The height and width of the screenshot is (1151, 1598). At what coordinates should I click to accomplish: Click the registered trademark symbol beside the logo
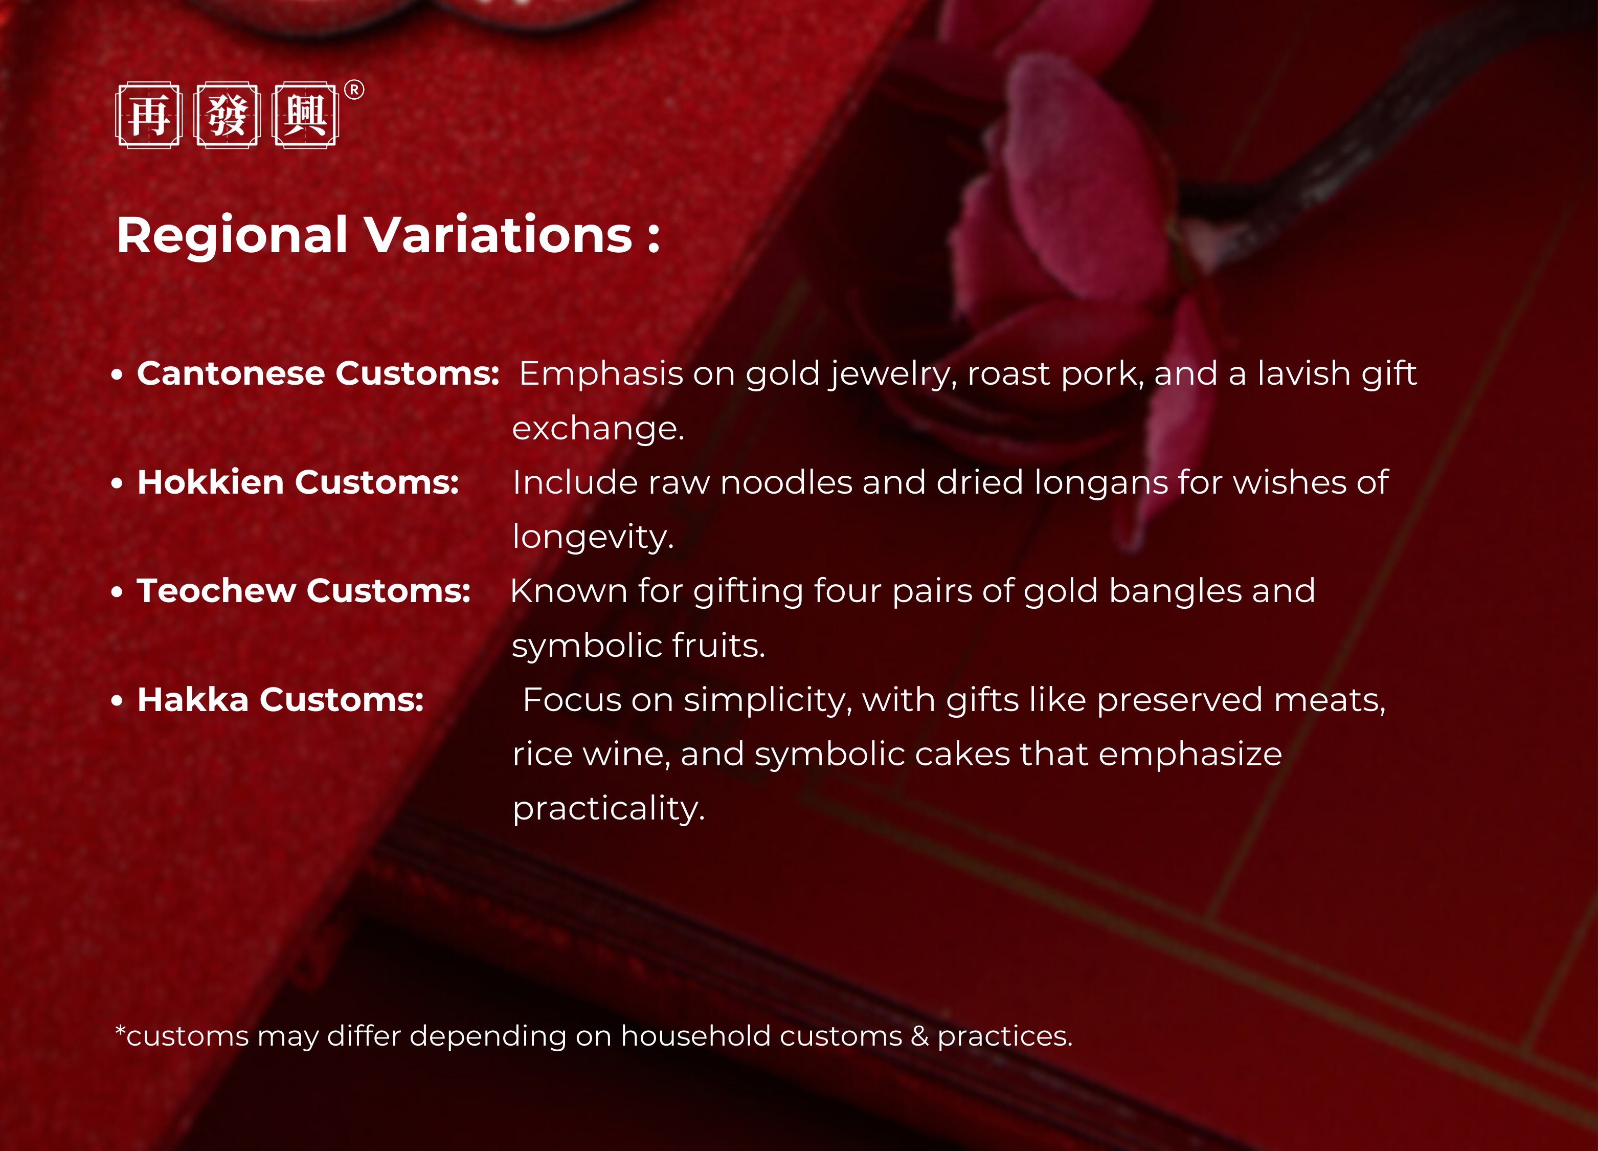pos(354,90)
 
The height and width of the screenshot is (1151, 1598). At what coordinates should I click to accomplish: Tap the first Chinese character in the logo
pos(149,115)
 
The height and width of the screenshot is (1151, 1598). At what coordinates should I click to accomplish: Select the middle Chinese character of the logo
pos(227,115)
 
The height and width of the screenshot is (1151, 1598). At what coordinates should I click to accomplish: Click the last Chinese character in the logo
pos(305,115)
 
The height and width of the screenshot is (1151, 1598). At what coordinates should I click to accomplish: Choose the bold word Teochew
pos(216,591)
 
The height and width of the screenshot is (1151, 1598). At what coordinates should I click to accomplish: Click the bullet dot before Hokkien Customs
pos(117,483)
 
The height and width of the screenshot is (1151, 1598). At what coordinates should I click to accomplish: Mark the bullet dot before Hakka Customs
pos(117,701)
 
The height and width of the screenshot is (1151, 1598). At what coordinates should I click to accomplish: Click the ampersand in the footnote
pos(919,1036)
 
